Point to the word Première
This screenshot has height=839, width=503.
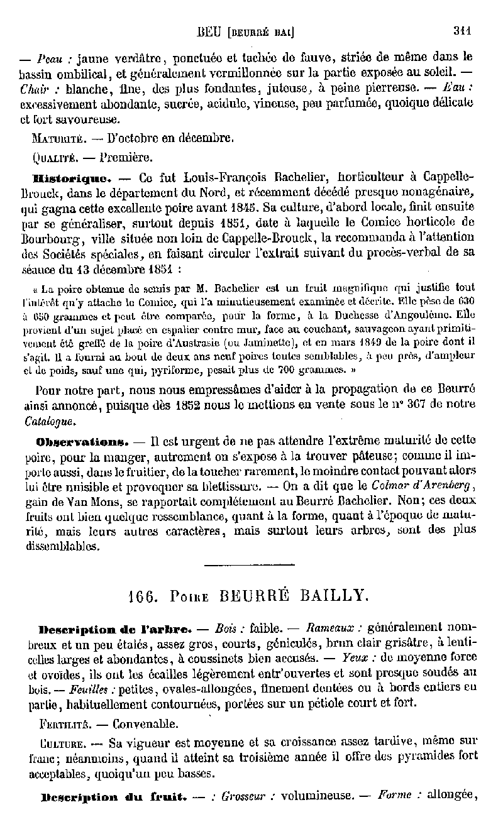pos(125,156)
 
